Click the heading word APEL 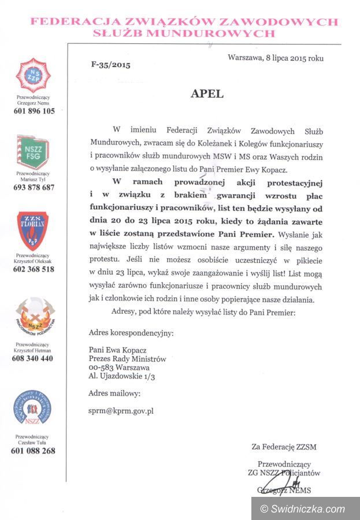[207, 92]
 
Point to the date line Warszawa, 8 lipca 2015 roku [276, 58]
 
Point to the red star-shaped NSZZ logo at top [32, 75]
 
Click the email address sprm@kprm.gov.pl [121, 411]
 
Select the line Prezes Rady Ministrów [127, 359]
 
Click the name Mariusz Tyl [33, 179]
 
